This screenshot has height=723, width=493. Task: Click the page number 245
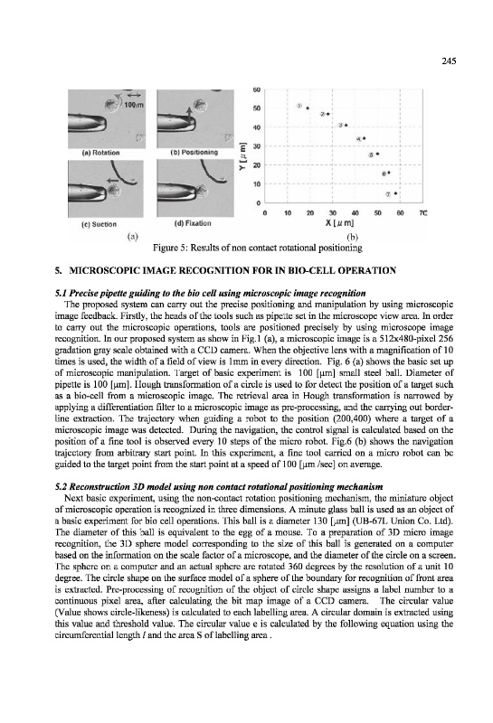(449, 61)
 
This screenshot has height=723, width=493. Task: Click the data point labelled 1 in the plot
(308, 108)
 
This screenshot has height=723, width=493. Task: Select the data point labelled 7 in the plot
(396, 193)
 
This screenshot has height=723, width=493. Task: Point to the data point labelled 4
(364, 138)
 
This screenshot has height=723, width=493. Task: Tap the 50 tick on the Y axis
(257, 108)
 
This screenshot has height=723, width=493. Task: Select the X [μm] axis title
(339, 223)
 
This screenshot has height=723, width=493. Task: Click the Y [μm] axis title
(242, 157)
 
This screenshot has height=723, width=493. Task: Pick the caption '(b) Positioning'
(194, 152)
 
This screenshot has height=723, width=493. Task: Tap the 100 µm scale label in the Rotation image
(133, 105)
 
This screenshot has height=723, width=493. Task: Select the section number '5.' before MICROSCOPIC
(58, 270)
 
